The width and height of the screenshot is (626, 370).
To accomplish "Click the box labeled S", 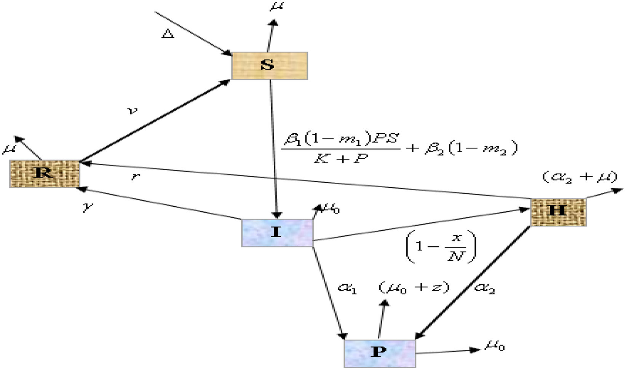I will point(269,65).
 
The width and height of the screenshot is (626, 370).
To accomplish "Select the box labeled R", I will point(45,174).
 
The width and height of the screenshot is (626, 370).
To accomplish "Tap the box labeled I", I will point(277,233).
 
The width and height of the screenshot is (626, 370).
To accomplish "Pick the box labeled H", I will point(558,212).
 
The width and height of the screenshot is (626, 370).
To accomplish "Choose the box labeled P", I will point(379,353).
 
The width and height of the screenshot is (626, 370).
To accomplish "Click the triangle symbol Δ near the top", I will point(168,34).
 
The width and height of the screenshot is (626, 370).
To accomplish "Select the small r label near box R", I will point(134,177).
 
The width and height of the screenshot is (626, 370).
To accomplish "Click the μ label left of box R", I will point(8,149).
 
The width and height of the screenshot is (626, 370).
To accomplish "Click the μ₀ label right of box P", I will point(494,346).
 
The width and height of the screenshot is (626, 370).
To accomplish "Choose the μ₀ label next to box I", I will point(331,209).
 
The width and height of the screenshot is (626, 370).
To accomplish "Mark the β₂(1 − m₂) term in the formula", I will point(471,148).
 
